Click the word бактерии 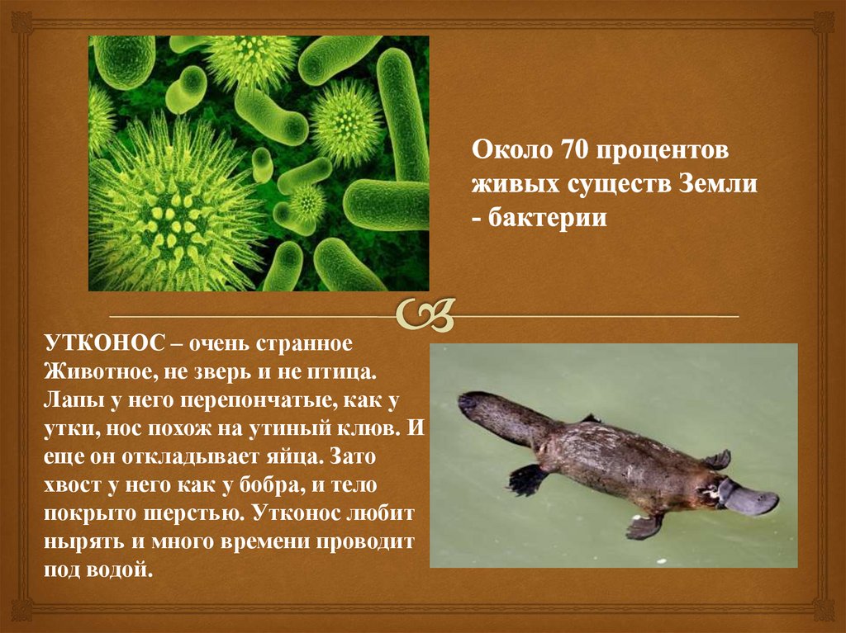(x=550, y=218)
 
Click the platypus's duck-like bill (x=747, y=498)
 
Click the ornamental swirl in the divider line (x=422, y=314)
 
